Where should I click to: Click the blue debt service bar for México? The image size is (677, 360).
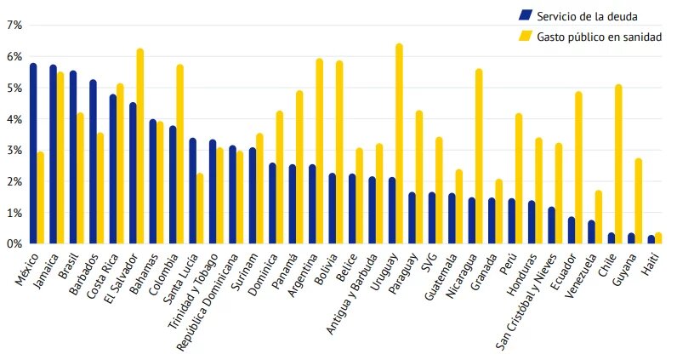(x=33, y=154)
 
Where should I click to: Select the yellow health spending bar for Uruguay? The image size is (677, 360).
(x=399, y=145)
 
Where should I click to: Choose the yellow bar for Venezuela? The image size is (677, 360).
(x=598, y=217)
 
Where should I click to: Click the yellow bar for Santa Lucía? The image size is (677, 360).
(x=199, y=209)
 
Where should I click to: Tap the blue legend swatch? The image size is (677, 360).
(x=525, y=14)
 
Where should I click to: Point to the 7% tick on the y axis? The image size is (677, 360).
(x=14, y=26)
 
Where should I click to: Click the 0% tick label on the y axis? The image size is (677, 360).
(x=14, y=244)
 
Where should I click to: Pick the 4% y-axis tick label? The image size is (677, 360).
(x=14, y=119)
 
